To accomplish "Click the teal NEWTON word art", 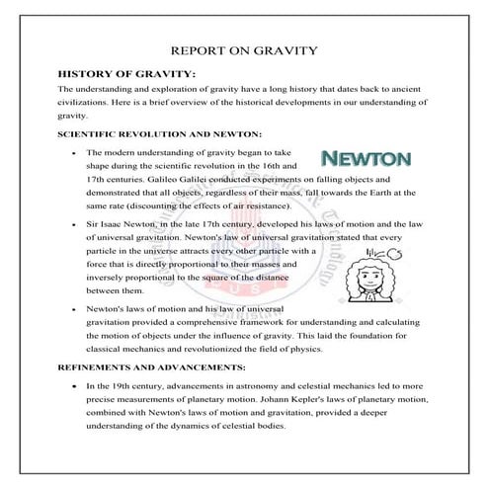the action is (366, 158).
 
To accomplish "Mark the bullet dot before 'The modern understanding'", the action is (76, 154).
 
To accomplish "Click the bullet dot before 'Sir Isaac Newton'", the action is (76, 226).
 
